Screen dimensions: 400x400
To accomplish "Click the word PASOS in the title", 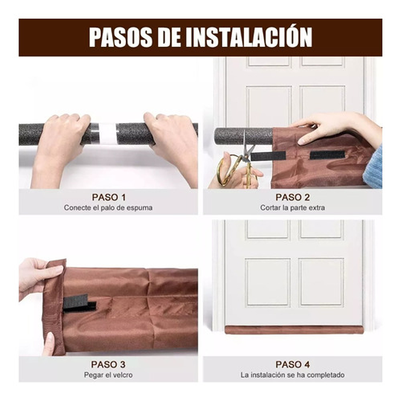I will pyautogui.click(x=117, y=37).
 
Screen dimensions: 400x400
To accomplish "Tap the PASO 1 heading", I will pyautogui.click(x=108, y=197).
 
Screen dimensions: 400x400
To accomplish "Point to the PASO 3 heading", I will pyautogui.click(x=108, y=364).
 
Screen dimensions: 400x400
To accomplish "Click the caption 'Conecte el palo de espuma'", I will pyautogui.click(x=108, y=208).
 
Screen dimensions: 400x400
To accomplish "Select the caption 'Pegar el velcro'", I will pyautogui.click(x=108, y=375).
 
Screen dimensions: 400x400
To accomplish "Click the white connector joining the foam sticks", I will pyautogui.click(x=107, y=134).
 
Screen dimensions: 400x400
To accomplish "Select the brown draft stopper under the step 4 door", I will pyautogui.click(x=294, y=330).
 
